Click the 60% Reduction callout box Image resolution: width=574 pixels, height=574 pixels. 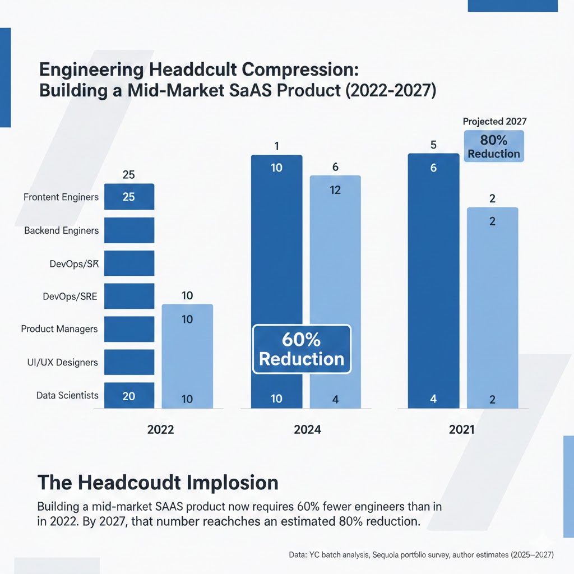(x=302, y=349)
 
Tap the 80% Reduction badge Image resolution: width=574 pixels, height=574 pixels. (x=494, y=146)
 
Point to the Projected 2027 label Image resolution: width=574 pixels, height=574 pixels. (x=494, y=121)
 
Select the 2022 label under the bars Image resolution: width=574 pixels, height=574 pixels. (x=160, y=430)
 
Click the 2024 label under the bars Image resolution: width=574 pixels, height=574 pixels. (x=307, y=430)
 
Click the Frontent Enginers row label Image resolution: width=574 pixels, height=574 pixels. (x=61, y=197)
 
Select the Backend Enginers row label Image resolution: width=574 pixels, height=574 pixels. (x=61, y=230)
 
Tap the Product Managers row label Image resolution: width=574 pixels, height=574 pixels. (x=59, y=329)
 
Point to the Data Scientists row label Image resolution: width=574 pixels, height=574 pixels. (x=67, y=395)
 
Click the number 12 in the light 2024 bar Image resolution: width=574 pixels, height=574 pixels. (x=335, y=190)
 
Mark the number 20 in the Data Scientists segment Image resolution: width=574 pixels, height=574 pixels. (x=128, y=396)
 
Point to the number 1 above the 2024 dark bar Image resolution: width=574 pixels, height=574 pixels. (x=276, y=146)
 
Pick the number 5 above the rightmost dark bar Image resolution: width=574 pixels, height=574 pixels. (x=433, y=145)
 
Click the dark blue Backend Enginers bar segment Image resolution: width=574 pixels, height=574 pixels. (x=129, y=230)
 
